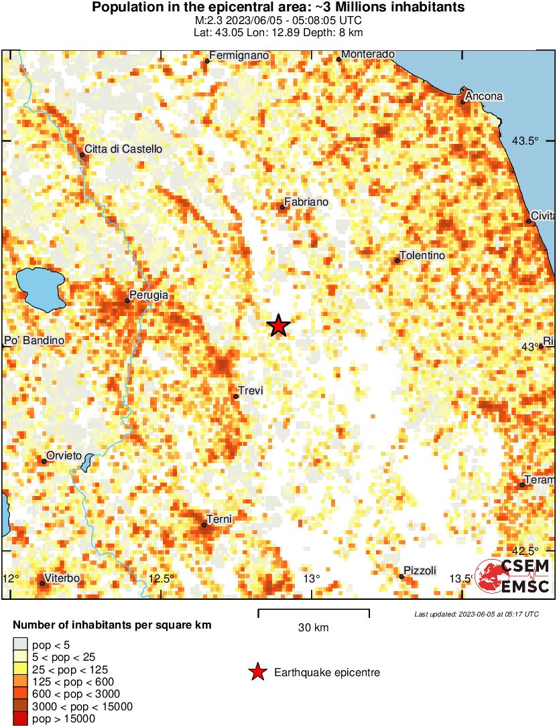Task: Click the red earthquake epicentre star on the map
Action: (x=278, y=325)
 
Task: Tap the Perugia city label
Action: (x=149, y=295)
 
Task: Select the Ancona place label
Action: (x=484, y=96)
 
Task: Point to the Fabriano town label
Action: (x=306, y=201)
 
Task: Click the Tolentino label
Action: (x=422, y=256)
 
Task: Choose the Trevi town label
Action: (x=250, y=390)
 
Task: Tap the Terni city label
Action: (x=219, y=519)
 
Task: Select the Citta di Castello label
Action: (x=123, y=149)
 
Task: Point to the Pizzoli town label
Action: (x=420, y=570)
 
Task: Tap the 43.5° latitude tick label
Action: (x=525, y=141)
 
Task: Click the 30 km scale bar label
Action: (x=313, y=628)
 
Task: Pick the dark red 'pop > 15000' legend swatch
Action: (x=20, y=719)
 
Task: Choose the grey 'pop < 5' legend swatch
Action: (x=20, y=645)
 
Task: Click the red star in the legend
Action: (x=257, y=673)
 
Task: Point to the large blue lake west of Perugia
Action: (x=39, y=288)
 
